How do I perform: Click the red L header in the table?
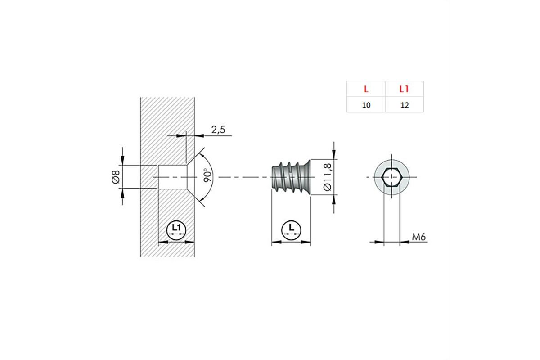point(366,89)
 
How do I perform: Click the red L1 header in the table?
point(404,89)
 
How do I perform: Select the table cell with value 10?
point(366,105)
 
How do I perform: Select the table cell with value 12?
point(405,105)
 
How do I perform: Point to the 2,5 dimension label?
point(218,130)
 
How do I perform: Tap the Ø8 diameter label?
point(116,177)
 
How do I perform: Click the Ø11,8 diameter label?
point(328,177)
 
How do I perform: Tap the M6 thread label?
point(419,237)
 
